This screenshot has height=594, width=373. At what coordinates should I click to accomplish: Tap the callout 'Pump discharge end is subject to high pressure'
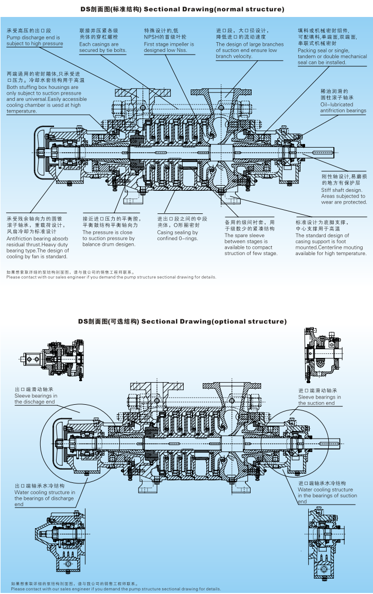[x=34, y=41]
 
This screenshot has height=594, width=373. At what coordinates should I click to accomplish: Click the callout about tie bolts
[x=102, y=47]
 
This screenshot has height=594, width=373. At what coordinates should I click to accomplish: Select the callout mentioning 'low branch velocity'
[x=250, y=50]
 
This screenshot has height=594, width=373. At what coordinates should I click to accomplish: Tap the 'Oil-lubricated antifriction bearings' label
[x=343, y=107]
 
